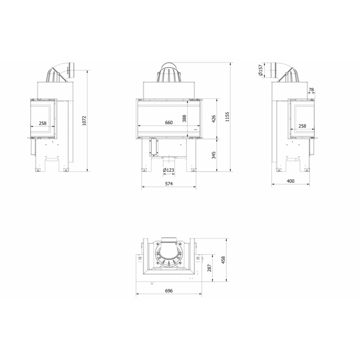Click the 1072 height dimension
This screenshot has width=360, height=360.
click(x=84, y=120)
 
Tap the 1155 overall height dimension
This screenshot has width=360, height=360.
click(x=227, y=117)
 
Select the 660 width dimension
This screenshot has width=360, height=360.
click(x=169, y=123)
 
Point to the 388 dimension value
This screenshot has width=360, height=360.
click(x=184, y=118)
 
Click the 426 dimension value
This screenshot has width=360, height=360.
click(x=214, y=119)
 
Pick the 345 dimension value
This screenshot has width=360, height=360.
click(x=214, y=155)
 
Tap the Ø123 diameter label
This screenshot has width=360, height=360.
click(x=168, y=170)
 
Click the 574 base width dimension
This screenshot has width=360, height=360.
click(x=169, y=184)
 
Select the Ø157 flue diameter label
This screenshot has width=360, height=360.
click(x=260, y=70)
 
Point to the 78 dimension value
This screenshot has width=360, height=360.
click(x=311, y=90)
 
